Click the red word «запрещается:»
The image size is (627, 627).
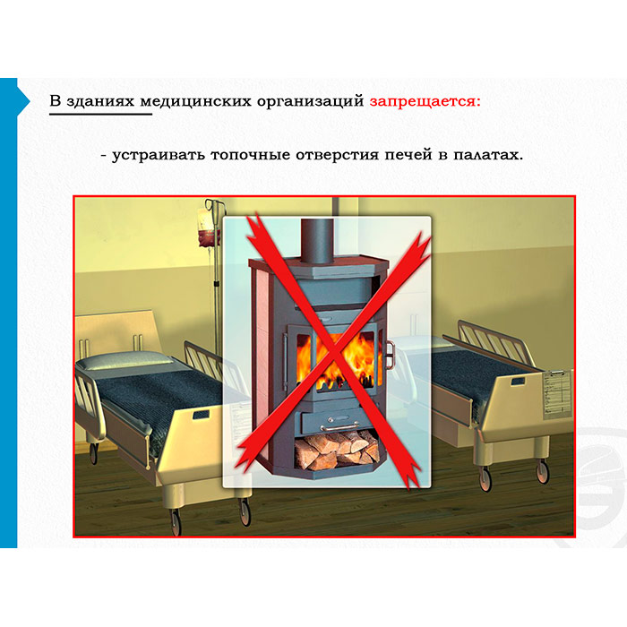(x=425, y=101)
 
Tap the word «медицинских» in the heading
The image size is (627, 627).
(x=195, y=102)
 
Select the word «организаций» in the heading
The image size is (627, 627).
(x=310, y=102)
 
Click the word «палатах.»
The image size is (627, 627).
(x=488, y=155)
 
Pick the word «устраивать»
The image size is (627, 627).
(x=159, y=156)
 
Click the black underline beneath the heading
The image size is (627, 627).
(x=100, y=115)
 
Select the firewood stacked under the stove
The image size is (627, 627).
(x=337, y=449)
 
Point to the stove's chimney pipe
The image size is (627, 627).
(x=317, y=241)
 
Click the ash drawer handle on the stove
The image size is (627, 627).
(x=337, y=426)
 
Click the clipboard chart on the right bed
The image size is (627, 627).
(x=557, y=394)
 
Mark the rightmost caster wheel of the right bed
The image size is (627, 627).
(x=542, y=471)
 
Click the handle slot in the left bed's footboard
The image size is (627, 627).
(x=201, y=414)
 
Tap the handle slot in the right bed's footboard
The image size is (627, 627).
(x=519, y=381)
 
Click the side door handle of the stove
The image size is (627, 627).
(x=389, y=355)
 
